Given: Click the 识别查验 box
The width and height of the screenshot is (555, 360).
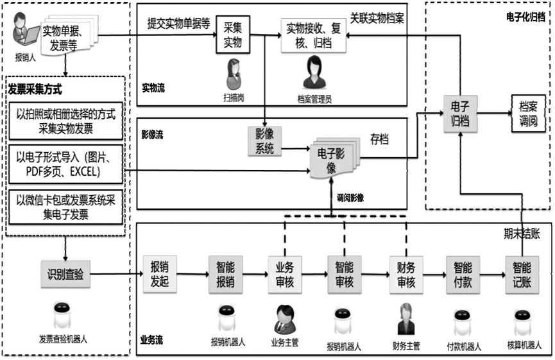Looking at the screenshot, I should click(65, 275).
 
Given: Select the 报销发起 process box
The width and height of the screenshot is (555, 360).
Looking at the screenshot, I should click(159, 275).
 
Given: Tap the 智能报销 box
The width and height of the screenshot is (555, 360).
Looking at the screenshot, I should click(225, 275).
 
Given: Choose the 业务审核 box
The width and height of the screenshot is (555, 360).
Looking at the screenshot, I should click(284, 275).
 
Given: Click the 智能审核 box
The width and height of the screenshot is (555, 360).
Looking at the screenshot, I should click(345, 275).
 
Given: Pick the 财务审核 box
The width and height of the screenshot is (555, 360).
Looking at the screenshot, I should click(406, 275).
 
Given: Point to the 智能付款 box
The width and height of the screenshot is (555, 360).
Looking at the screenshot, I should click(463, 275).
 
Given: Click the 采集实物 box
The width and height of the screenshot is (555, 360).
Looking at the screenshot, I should click(232, 35).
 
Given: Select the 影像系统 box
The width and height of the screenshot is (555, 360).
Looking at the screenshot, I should click(265, 142).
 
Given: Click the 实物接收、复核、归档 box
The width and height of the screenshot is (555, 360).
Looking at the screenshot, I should click(314, 35).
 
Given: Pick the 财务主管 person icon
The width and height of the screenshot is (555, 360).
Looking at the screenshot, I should click(406, 319).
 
